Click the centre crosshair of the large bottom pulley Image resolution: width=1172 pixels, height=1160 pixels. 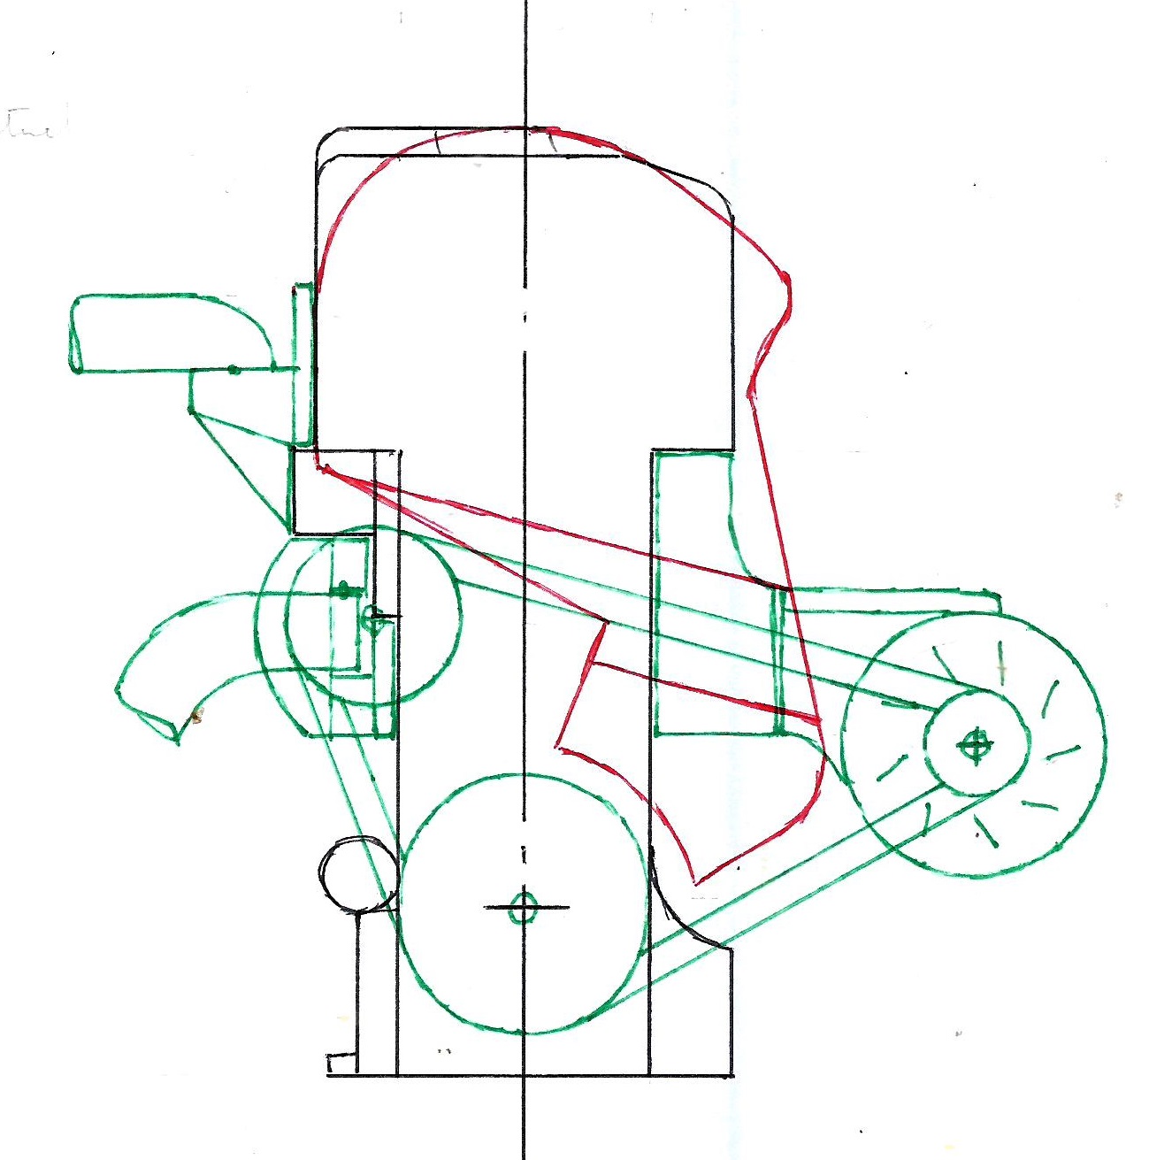click(524, 907)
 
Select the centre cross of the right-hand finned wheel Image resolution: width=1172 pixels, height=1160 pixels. click(975, 746)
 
